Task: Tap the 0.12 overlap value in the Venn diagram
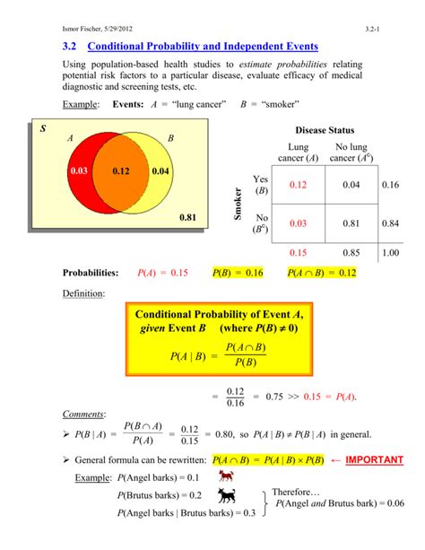tap(122, 170)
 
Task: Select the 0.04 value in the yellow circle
tap(160, 170)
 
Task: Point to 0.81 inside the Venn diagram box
tap(187, 217)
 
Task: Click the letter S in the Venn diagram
tap(39, 131)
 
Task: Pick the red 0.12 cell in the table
tap(298, 184)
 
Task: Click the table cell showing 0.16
tap(389, 184)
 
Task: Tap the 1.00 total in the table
tap(389, 254)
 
